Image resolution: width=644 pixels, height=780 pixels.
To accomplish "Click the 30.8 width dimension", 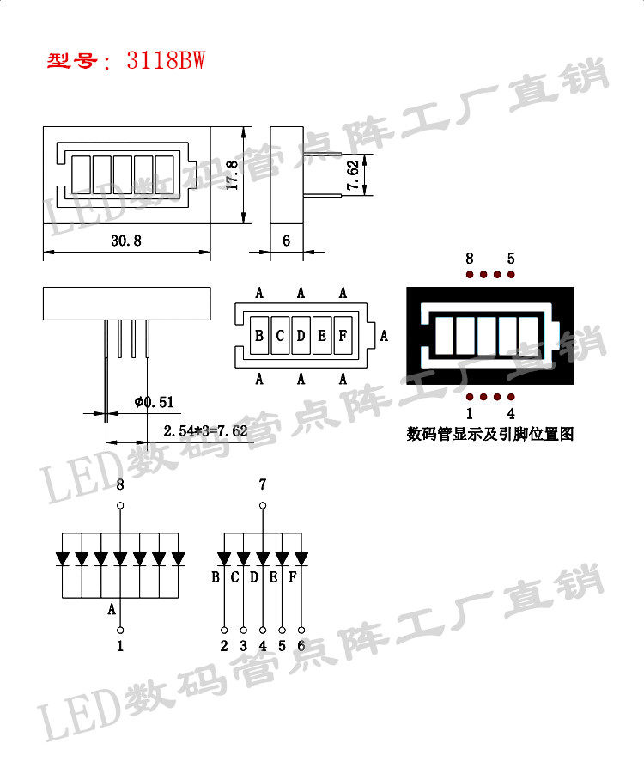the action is coord(125,241).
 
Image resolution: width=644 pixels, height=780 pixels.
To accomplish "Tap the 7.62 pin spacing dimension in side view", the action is coord(353,175).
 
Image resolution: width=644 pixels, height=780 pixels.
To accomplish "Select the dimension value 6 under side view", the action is coord(286,241).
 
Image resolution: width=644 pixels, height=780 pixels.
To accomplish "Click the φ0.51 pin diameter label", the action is coord(155,401).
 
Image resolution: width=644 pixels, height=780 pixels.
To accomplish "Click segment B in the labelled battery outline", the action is coord(259,336).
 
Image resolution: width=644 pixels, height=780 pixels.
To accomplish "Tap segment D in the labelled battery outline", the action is coord(301,336).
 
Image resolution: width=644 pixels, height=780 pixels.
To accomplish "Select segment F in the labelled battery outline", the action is coord(342,336).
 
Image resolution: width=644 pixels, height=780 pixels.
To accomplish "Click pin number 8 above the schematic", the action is coord(120,485).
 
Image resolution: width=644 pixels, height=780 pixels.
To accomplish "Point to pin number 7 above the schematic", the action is coord(263,485).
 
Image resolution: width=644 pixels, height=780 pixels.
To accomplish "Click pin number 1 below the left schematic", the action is coord(120,646).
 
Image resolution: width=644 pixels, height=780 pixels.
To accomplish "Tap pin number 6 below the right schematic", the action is coord(301,646).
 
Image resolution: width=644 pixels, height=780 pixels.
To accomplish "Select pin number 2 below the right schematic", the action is coord(224,646).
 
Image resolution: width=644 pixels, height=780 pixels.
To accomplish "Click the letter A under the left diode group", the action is coord(112,609).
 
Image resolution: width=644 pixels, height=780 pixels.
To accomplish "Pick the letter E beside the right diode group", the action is coord(273,576).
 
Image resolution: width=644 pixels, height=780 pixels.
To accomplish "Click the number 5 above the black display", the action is coord(511,258).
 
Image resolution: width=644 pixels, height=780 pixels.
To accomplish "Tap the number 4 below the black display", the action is coord(511,413).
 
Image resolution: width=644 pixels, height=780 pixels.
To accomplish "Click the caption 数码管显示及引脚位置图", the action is coord(489,435).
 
